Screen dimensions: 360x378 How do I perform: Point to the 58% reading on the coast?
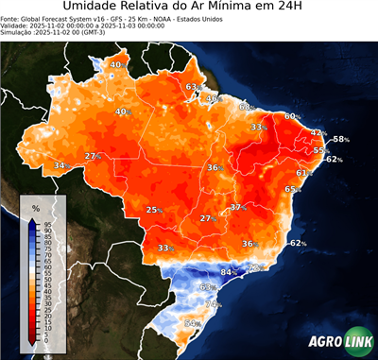pyautogui.click(x=340, y=139)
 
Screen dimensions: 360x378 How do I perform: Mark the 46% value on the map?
pyautogui.click(x=213, y=98)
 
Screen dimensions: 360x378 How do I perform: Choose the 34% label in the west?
pyautogui.click(x=61, y=165)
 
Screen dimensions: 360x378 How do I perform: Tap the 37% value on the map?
pyautogui.click(x=238, y=206)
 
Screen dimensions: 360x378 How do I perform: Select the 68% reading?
pyautogui.click(x=246, y=107)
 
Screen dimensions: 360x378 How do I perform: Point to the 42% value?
pyautogui.click(x=318, y=133)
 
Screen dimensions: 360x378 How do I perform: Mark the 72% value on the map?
pyautogui.click(x=255, y=268)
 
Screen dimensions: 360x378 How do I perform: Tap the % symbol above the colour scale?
pyautogui.click(x=35, y=207)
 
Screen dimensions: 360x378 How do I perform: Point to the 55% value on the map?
pyautogui.click(x=321, y=150)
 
